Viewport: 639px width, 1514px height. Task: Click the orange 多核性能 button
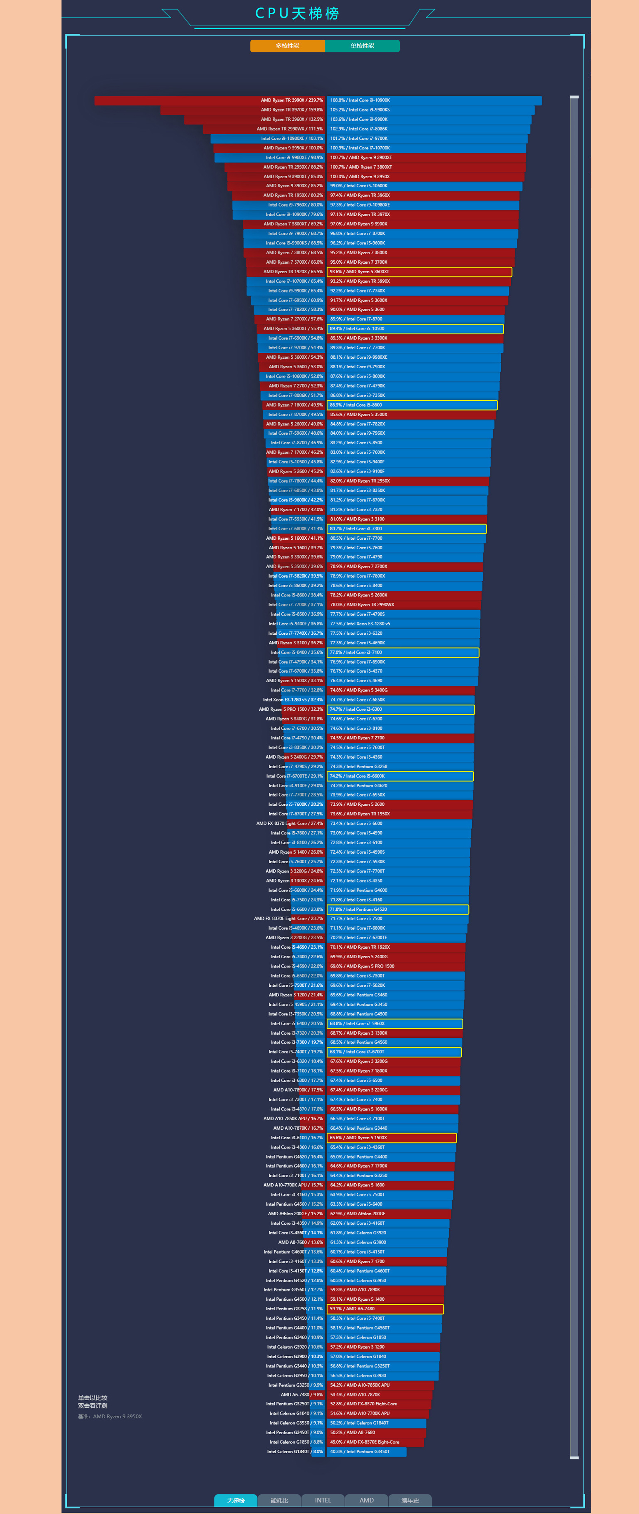pyautogui.click(x=288, y=46)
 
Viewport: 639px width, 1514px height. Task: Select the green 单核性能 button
pyautogui.click(x=362, y=46)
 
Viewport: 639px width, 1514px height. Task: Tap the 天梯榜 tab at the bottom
pyautogui.click(x=236, y=1500)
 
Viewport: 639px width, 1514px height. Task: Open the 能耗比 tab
pyautogui.click(x=279, y=1500)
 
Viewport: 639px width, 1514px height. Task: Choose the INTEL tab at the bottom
pyautogui.click(x=323, y=1500)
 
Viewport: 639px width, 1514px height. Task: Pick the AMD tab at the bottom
pyautogui.click(x=366, y=1500)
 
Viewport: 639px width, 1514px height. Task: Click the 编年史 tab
pyautogui.click(x=410, y=1500)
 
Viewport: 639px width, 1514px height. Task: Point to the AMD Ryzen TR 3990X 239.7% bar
pyautogui.click(x=209, y=101)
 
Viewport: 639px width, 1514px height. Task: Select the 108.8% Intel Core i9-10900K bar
pyautogui.click(x=434, y=101)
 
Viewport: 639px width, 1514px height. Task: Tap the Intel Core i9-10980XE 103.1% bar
pyautogui.click(x=268, y=139)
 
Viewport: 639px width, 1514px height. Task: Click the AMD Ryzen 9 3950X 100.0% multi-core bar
pyautogui.click(x=269, y=148)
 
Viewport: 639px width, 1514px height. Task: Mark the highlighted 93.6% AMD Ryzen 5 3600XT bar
pyautogui.click(x=419, y=272)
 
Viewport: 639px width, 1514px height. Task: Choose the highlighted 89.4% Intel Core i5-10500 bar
pyautogui.click(x=415, y=328)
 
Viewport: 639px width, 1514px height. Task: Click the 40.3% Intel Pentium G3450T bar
pyautogui.click(x=366, y=1451)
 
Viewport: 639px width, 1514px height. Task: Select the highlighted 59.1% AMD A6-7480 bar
pyautogui.click(x=385, y=1309)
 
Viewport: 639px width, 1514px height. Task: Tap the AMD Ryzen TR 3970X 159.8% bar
pyautogui.click(x=242, y=110)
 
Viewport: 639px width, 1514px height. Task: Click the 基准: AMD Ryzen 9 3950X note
pyautogui.click(x=110, y=1417)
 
